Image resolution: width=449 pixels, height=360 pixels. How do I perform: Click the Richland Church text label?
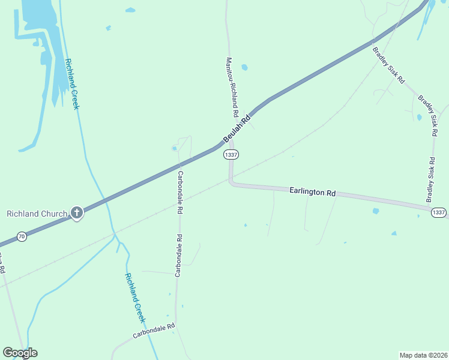click(x=31, y=214)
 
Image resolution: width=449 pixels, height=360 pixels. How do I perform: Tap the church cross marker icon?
click(x=76, y=212)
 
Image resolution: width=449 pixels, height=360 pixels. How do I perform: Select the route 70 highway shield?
click(x=22, y=237)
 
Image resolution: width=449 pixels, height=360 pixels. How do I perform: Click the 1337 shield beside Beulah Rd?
click(x=231, y=155)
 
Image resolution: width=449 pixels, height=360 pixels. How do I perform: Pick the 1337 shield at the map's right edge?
click(x=438, y=212)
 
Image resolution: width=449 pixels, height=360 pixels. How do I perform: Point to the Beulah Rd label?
click(x=237, y=130)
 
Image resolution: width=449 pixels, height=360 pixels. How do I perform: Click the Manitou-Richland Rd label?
click(x=232, y=88)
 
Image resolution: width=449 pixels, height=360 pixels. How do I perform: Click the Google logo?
click(x=19, y=353)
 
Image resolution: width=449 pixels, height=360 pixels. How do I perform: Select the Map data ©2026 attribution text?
click(x=423, y=355)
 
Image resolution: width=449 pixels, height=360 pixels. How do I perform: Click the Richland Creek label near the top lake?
click(x=73, y=84)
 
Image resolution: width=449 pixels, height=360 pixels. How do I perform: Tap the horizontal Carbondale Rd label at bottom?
click(x=154, y=329)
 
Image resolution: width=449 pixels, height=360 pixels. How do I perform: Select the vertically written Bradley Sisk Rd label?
click(x=431, y=179)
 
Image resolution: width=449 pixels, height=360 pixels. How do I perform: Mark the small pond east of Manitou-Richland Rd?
click(x=244, y=67)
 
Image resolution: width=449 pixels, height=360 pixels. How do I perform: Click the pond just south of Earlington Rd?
click(x=376, y=211)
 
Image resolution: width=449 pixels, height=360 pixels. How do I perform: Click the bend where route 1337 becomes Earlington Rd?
click(x=231, y=182)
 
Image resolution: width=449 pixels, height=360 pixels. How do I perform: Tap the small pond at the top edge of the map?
click(x=130, y=10)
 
